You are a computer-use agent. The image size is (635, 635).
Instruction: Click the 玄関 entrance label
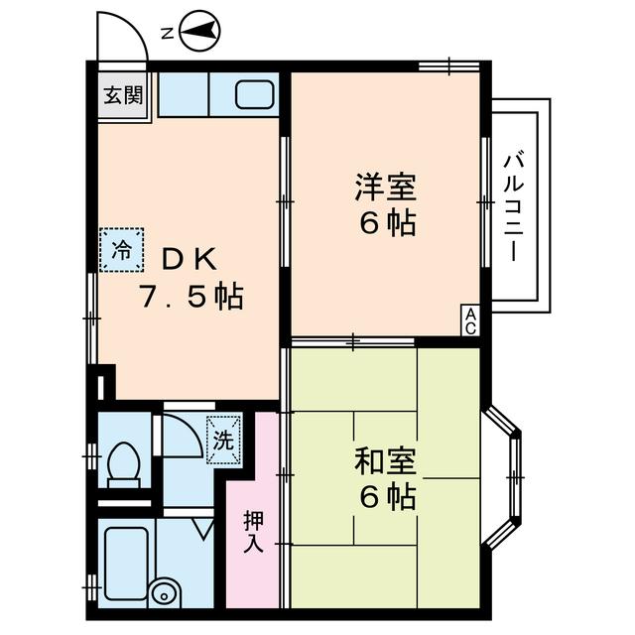123,96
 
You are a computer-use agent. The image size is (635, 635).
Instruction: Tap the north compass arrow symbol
202,33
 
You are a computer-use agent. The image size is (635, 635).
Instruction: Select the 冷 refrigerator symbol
121,249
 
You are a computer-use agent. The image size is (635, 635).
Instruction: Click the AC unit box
471,318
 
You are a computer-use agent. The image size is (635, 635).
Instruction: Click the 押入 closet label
253,531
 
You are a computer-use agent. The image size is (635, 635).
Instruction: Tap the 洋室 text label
385,186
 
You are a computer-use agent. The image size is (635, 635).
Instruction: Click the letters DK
189,259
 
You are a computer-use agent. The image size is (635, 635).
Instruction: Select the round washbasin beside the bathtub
163,594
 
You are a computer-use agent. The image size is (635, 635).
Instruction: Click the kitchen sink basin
255,95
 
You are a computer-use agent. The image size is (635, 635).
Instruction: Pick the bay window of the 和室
512,476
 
